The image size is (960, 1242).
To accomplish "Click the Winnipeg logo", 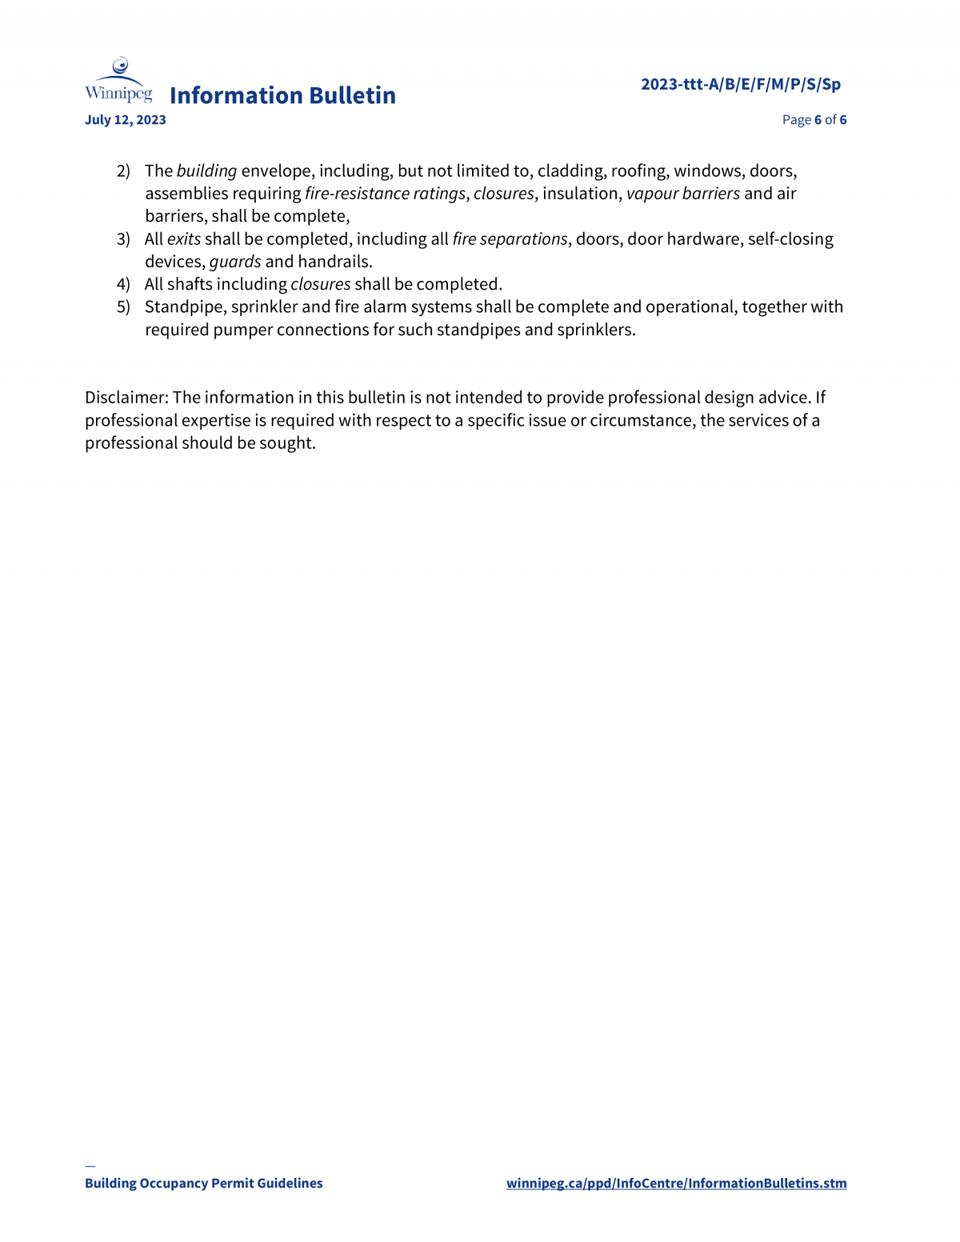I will click(118, 81).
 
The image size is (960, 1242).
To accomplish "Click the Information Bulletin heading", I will click(282, 95).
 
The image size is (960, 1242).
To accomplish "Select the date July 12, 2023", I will click(126, 120).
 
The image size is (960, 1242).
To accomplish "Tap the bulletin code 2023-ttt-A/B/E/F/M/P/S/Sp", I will click(740, 84).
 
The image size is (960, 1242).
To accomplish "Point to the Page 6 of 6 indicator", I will click(814, 120).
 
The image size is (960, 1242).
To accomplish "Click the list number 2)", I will click(123, 171).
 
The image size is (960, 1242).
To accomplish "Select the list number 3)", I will click(123, 239).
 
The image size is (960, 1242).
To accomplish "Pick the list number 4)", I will click(123, 284).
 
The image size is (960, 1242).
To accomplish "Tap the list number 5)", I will click(123, 307).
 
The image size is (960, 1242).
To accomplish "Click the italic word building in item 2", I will click(206, 171).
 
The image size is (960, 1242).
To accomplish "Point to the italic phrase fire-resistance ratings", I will click(385, 194).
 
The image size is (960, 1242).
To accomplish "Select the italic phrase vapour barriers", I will click(682, 194).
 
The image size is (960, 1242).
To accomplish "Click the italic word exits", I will click(183, 239).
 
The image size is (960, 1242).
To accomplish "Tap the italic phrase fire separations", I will click(510, 239).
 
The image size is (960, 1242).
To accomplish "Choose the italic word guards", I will click(235, 262).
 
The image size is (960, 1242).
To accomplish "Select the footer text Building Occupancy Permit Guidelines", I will click(204, 1184).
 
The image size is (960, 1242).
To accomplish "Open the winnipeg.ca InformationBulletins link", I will click(676, 1184).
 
